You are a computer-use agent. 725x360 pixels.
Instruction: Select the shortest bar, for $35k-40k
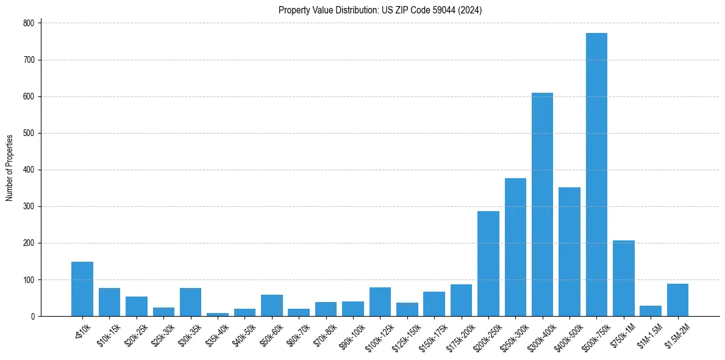point(218,314)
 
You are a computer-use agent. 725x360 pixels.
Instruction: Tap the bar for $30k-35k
point(190,302)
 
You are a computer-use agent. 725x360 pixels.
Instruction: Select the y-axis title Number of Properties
point(10,168)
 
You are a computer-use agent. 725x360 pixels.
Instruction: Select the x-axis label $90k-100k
point(351,335)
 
